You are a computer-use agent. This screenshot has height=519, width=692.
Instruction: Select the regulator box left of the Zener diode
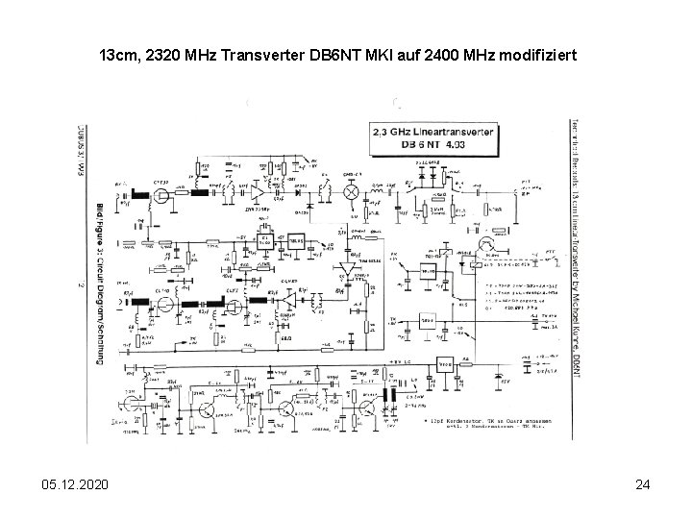coord(444,364)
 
